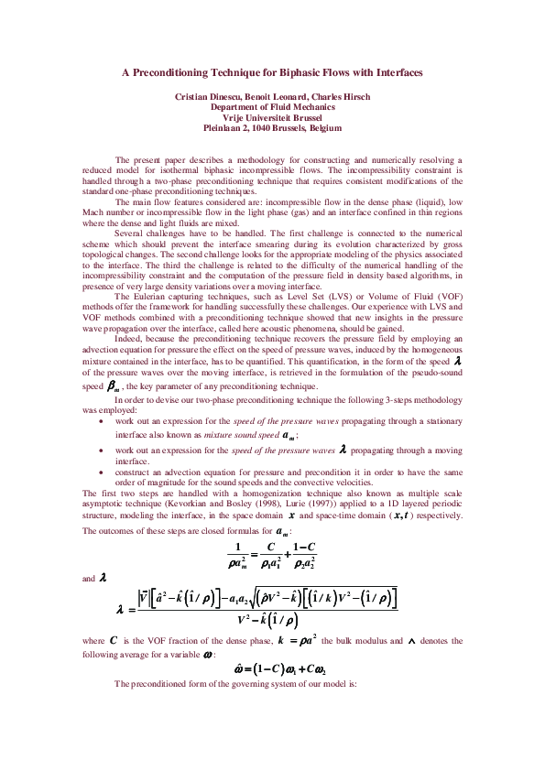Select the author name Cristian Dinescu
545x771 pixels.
[208, 96]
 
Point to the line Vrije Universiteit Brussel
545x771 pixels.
[272, 118]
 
